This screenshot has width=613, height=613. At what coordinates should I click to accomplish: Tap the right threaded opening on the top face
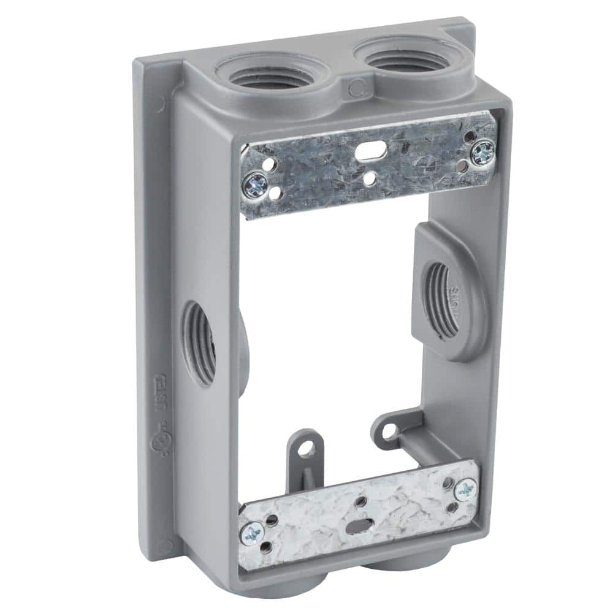(399, 57)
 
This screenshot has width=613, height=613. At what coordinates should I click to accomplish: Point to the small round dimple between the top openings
(354, 89)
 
